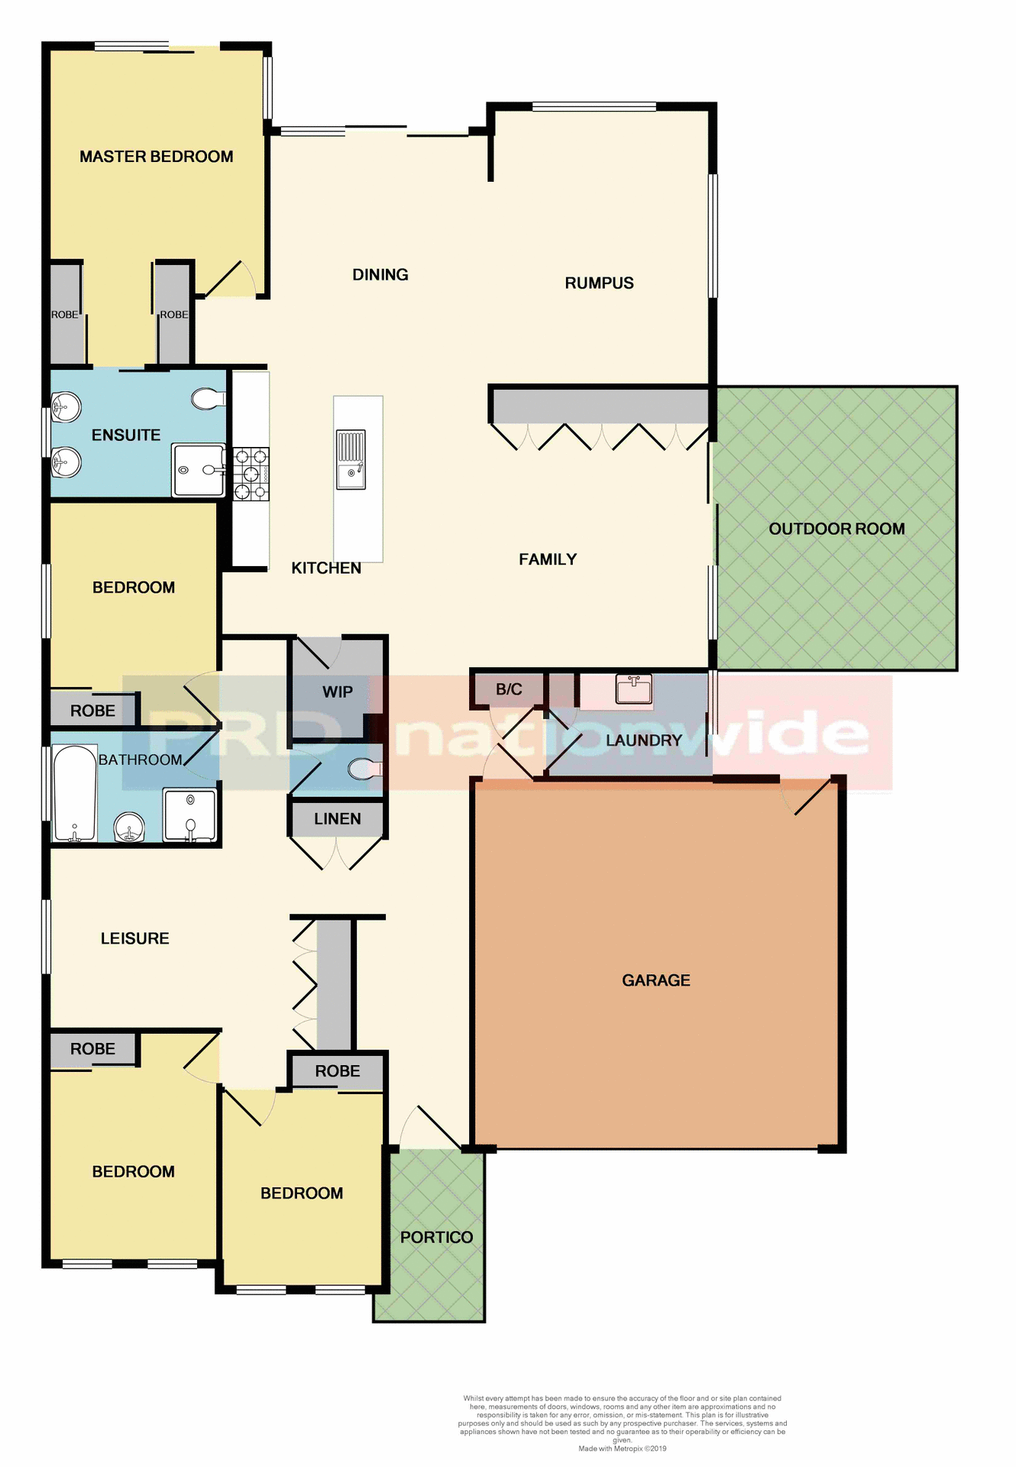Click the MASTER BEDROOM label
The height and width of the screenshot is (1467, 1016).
click(x=156, y=157)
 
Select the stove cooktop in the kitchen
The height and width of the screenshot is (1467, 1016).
click(x=251, y=474)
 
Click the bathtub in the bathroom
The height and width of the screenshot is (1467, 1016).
click(x=74, y=792)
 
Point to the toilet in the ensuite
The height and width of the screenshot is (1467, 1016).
click(x=207, y=399)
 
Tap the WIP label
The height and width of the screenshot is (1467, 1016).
click(x=337, y=692)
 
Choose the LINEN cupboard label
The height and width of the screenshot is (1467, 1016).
click(x=337, y=819)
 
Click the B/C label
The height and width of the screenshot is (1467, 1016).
click(x=509, y=689)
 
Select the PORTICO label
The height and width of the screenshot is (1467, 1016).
click(x=436, y=1237)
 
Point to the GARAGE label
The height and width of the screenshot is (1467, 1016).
click(x=655, y=980)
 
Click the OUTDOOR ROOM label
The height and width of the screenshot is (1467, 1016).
click(x=836, y=529)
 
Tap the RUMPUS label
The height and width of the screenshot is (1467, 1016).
click(x=599, y=283)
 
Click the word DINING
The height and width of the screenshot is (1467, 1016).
click(x=380, y=275)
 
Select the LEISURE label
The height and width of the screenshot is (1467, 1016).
click(x=134, y=938)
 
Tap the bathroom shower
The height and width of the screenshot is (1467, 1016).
click(x=190, y=815)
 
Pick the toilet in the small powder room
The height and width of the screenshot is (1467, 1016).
click(x=364, y=769)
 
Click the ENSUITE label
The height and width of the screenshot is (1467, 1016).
click(x=126, y=436)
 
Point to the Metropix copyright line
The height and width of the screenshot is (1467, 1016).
click(x=622, y=1449)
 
